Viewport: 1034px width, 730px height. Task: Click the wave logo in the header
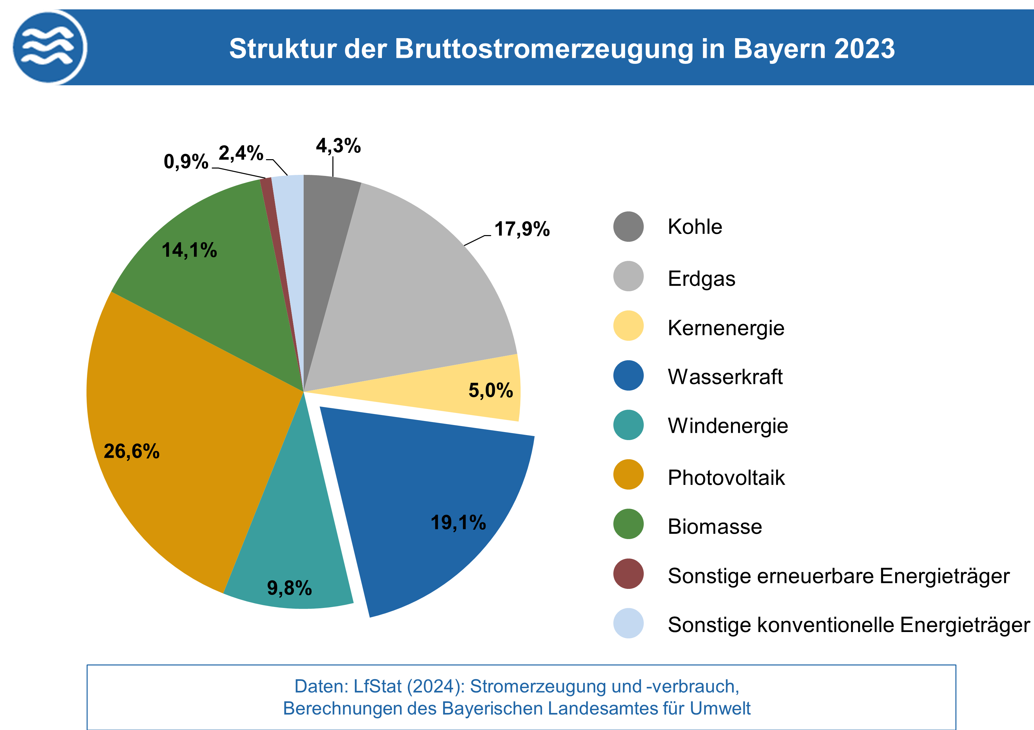pos(49,47)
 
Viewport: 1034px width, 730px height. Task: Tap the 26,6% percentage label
pos(131,451)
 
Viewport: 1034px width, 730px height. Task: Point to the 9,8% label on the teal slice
pos(289,588)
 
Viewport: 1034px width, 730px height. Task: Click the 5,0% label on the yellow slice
pos(491,390)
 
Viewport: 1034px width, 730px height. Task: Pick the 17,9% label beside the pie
pos(522,229)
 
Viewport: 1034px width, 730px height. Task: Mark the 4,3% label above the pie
pos(338,146)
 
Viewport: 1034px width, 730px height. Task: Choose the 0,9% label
pos(186,161)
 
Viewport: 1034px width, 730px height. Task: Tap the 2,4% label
pos(241,153)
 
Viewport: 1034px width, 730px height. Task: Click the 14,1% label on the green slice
pos(189,250)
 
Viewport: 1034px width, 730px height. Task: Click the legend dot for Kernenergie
pos(628,326)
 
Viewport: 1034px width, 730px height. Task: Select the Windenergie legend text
pos(728,426)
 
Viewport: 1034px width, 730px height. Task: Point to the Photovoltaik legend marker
pos(628,475)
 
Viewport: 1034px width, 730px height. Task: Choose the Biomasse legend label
pos(715,526)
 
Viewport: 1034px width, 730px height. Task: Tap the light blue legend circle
pos(628,624)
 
